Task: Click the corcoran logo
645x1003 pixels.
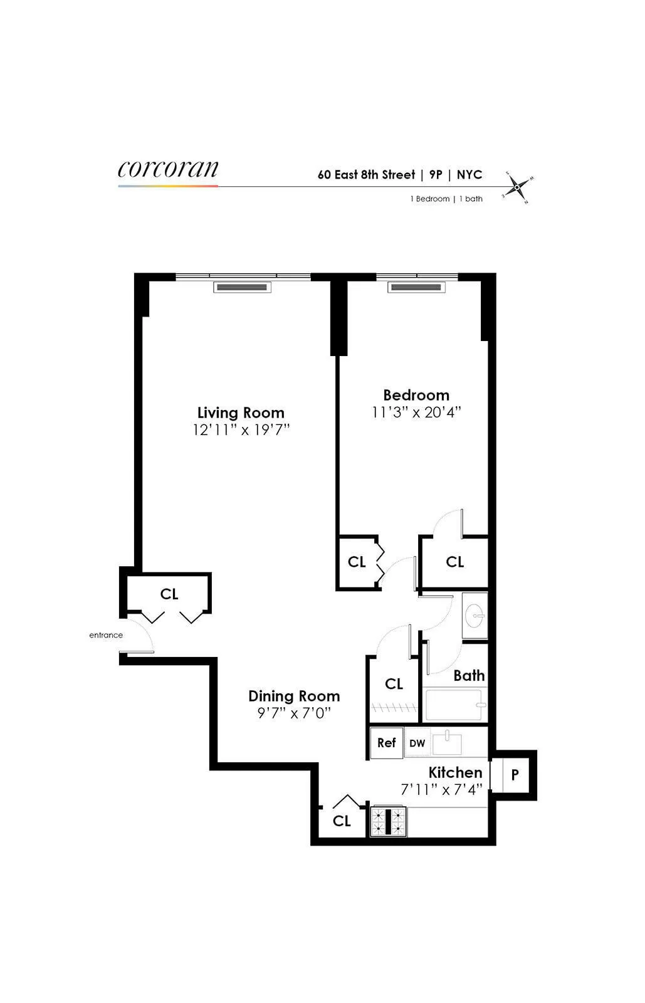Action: [168, 169]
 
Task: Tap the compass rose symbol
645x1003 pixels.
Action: [517, 187]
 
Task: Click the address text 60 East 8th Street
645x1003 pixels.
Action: [366, 175]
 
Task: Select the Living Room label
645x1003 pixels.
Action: [241, 412]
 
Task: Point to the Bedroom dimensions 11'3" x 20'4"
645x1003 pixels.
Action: [416, 412]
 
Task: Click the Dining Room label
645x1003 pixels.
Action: [294, 696]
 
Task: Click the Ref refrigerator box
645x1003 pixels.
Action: [386, 743]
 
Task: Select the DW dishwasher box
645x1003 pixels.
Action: [417, 743]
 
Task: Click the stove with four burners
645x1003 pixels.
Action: [389, 821]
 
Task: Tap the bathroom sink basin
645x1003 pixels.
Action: [475, 614]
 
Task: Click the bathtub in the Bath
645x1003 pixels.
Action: [454, 705]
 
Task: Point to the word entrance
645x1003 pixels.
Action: [106, 635]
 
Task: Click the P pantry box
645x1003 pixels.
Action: [515, 775]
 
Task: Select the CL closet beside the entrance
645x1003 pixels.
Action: [169, 593]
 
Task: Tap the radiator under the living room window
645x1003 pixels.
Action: [242, 287]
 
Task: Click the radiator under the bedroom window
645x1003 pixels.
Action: [416, 287]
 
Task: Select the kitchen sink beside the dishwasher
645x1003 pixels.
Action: [447, 743]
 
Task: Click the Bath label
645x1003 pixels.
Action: [469, 675]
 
